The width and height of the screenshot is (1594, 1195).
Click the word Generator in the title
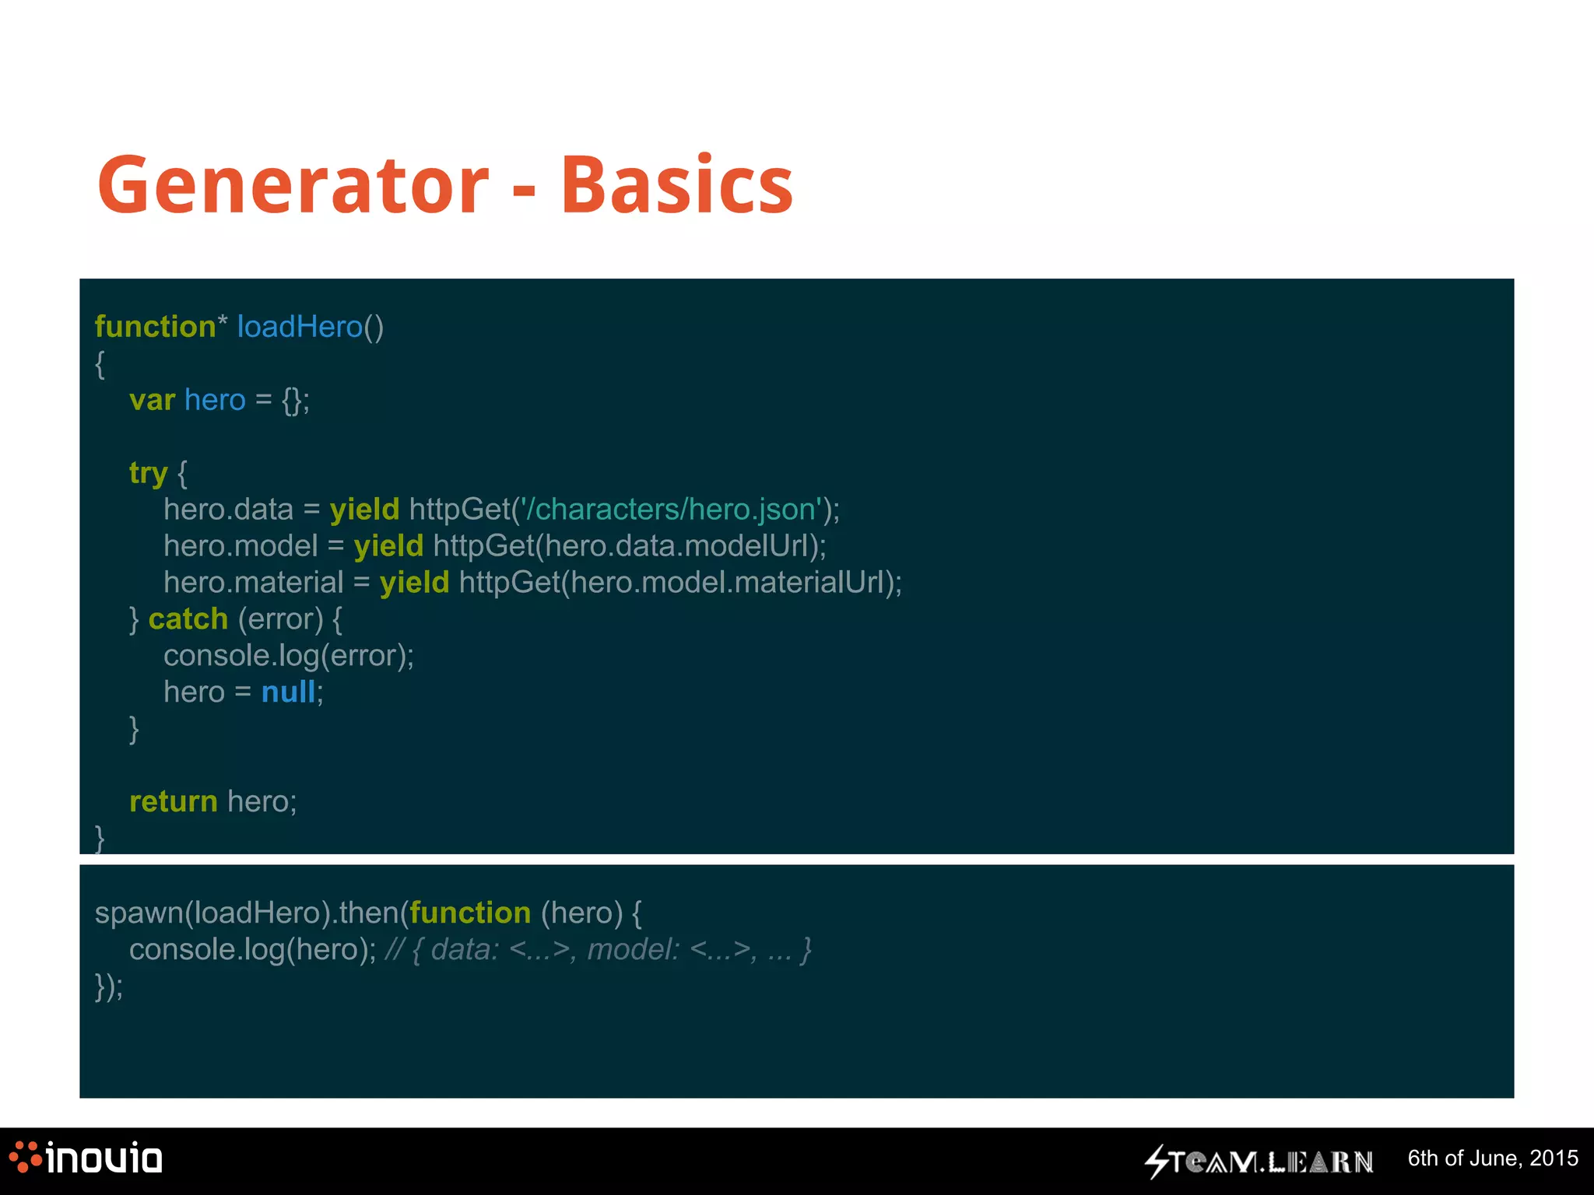point(293,185)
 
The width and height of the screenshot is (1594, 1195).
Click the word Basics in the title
point(676,185)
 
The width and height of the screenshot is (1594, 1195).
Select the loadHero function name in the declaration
point(300,327)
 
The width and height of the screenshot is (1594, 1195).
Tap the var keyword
point(152,400)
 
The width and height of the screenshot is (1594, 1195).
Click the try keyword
point(148,473)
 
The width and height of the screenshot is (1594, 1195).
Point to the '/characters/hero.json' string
point(671,510)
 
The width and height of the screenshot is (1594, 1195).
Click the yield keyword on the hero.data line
point(364,510)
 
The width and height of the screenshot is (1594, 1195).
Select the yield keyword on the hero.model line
point(388,546)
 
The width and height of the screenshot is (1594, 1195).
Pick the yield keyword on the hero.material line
point(414,583)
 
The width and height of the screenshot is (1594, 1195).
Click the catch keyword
point(188,619)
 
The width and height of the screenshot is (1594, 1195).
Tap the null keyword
point(288,692)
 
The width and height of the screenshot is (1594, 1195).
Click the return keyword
point(173,801)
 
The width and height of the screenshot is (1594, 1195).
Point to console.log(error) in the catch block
point(288,656)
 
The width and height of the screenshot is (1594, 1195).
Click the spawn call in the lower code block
point(139,913)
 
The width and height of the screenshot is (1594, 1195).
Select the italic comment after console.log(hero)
point(598,950)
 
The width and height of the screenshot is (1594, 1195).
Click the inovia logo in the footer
point(86,1158)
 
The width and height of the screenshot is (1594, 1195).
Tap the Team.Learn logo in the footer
point(1259,1162)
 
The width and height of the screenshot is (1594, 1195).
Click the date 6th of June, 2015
point(1492,1158)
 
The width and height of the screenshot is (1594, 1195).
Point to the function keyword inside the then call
point(470,913)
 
